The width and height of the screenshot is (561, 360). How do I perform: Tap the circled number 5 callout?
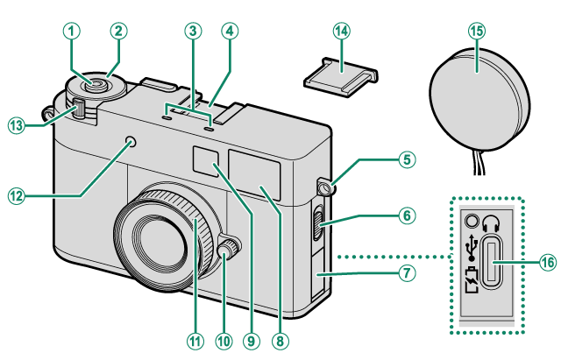[404, 159]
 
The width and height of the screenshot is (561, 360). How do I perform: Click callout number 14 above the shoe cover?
[340, 29]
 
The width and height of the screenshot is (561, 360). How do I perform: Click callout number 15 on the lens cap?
[476, 29]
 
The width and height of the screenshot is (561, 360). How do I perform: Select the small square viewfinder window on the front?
[205, 164]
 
